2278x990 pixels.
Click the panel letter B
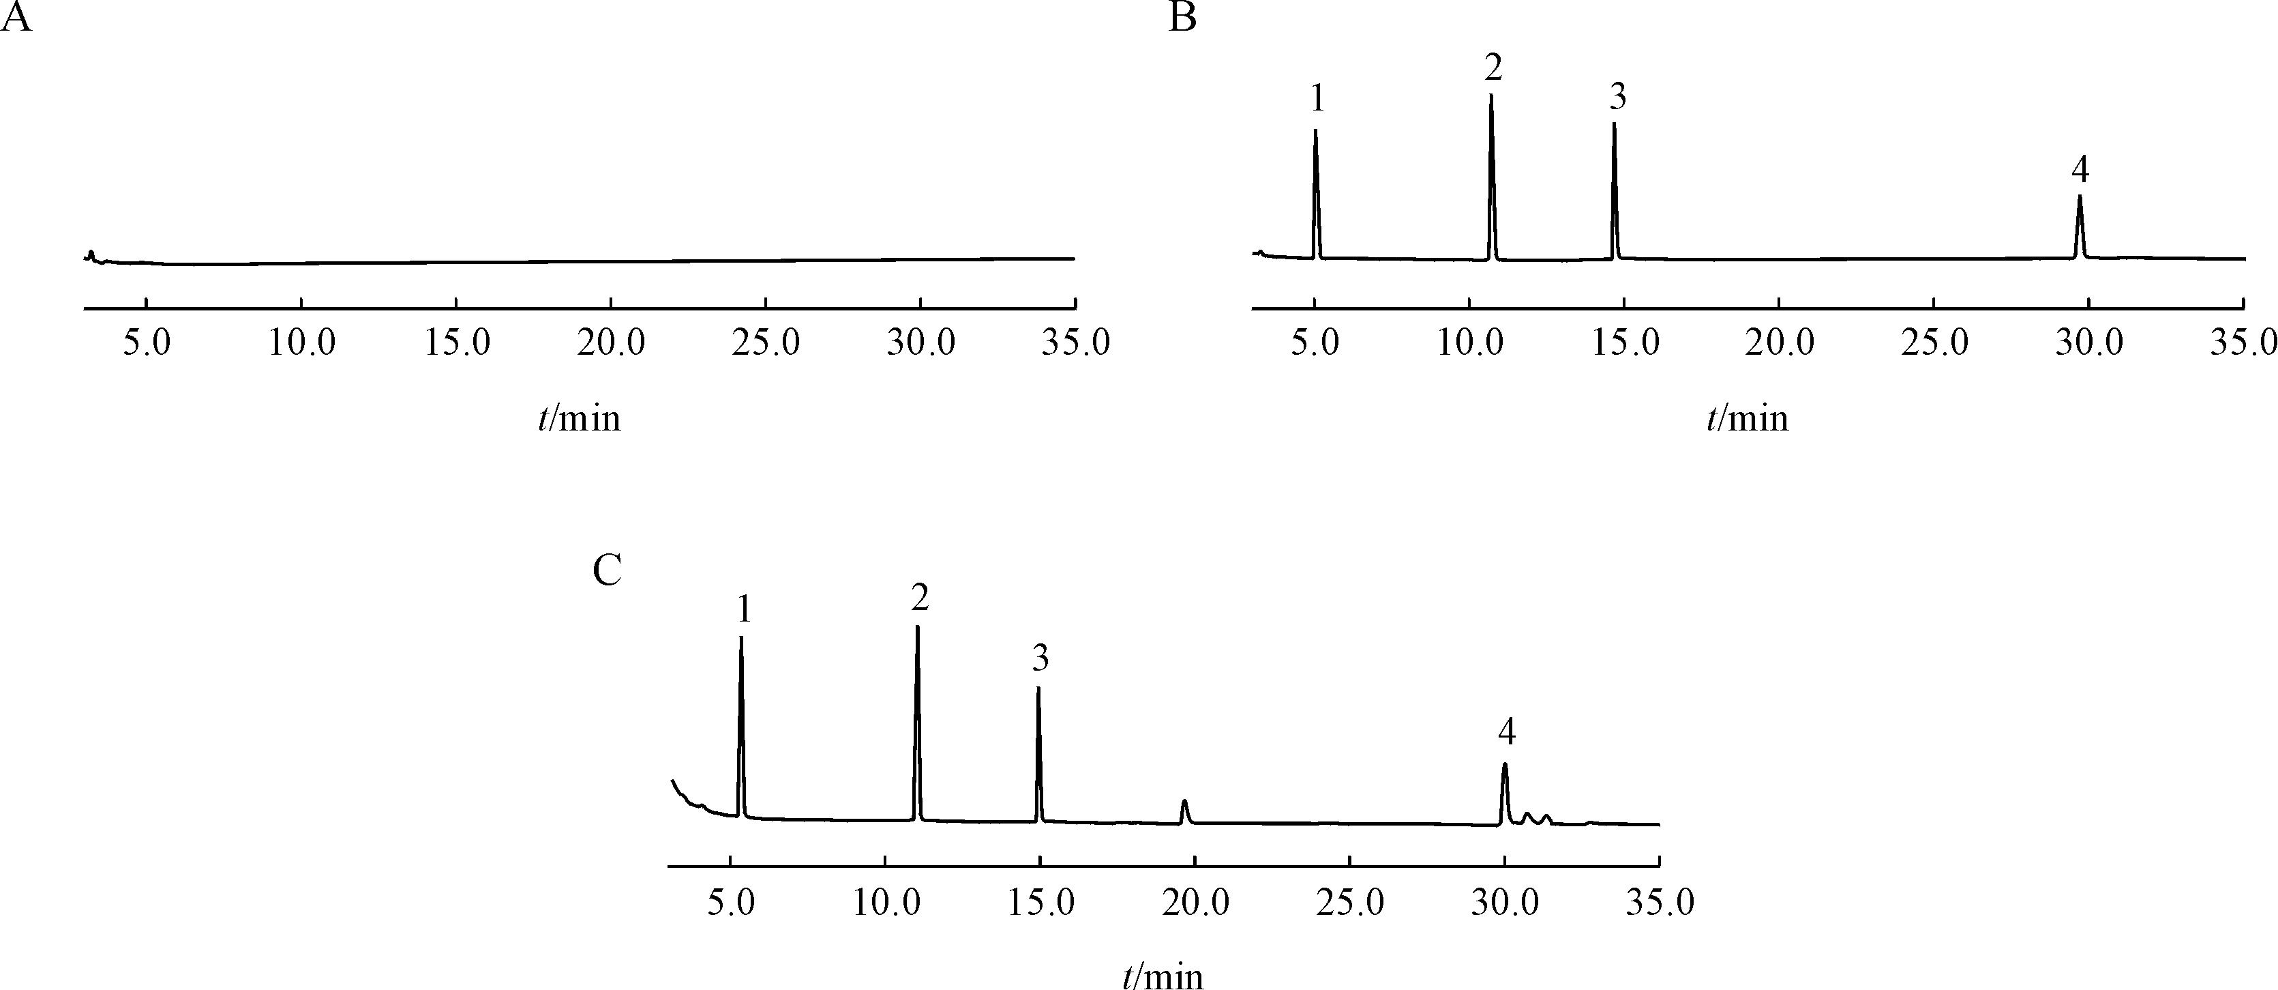click(1182, 18)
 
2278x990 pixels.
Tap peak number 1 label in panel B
click(1317, 99)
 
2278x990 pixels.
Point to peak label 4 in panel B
click(2080, 170)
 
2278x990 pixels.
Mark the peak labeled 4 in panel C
click(1504, 766)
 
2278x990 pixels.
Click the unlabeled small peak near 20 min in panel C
click(1185, 803)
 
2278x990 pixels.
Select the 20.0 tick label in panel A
click(611, 343)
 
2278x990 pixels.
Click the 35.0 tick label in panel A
click(1075, 343)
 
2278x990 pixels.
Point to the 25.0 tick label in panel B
click(1934, 343)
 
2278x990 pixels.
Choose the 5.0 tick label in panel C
click(732, 904)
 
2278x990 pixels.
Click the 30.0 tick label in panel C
click(1504, 904)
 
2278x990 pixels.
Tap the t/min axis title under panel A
click(580, 418)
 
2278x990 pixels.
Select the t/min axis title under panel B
click(1748, 418)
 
